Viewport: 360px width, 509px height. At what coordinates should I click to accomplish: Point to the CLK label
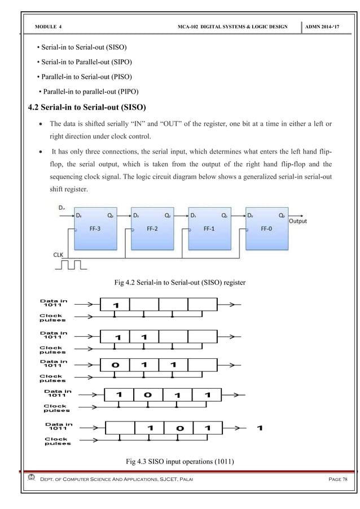(x=59, y=254)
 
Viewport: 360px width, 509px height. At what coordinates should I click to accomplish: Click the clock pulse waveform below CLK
(x=72, y=264)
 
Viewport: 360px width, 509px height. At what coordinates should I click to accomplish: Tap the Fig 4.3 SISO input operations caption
(x=179, y=464)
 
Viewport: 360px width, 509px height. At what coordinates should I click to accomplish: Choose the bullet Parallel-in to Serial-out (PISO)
(x=85, y=76)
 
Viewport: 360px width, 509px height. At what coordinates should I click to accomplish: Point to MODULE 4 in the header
(x=49, y=27)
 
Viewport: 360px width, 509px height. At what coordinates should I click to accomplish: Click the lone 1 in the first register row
(x=116, y=305)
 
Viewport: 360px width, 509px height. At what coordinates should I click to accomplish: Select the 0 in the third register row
(x=116, y=365)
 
